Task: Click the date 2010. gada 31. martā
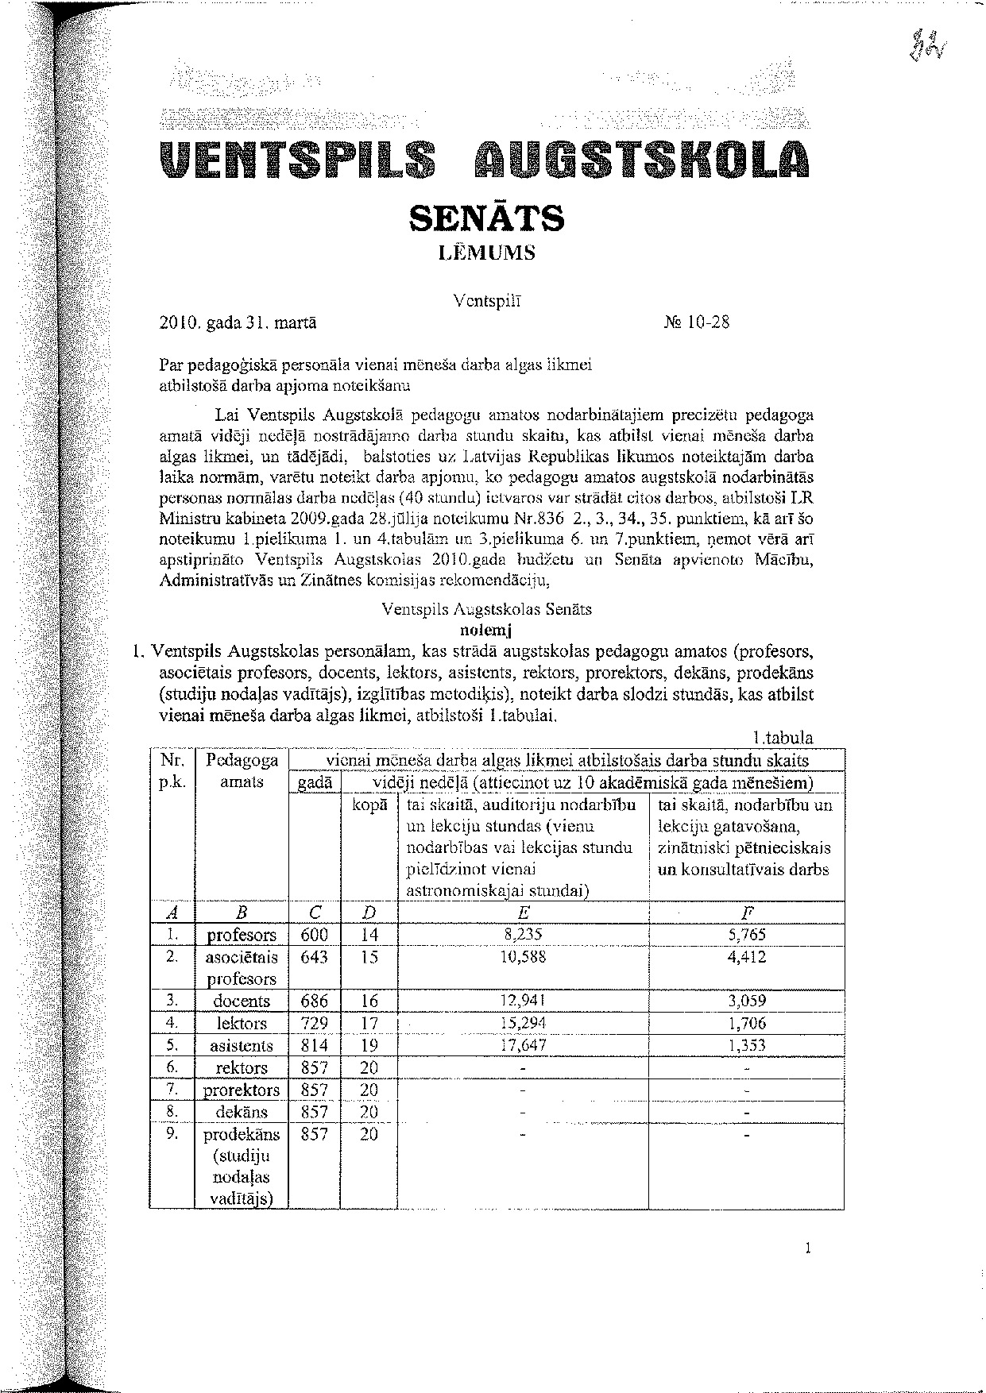tap(238, 323)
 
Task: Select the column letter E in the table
tap(523, 913)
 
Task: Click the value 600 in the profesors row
tap(314, 935)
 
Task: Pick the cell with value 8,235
tap(523, 935)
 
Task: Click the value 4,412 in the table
tap(746, 957)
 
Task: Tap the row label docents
tap(242, 1001)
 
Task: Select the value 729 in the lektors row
tap(314, 1023)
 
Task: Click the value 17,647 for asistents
tap(523, 1045)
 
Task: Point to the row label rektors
tap(242, 1067)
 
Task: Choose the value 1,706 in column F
tap(746, 1023)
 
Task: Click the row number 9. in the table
tap(171, 1133)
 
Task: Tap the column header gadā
tap(314, 784)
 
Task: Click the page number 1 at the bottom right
tap(808, 1248)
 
